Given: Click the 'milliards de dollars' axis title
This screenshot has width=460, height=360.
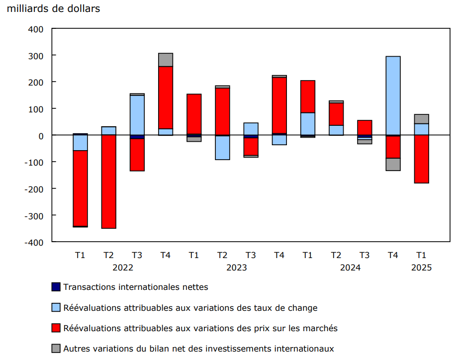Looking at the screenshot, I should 54,9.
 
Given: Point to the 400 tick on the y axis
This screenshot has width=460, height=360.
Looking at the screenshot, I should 36,29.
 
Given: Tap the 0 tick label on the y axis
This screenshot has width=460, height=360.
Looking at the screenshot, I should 41,135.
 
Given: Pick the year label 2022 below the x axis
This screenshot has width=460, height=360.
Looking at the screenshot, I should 123,268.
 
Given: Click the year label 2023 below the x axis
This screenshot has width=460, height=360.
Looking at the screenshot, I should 237,268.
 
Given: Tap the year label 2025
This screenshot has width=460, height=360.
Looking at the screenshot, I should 421,268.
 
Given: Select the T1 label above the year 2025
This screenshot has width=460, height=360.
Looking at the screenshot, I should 421,256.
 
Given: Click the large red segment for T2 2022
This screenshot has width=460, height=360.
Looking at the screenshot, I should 108,181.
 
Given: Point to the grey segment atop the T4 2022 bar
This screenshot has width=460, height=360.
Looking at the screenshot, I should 166,60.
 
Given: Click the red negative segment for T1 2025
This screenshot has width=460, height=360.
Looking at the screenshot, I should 421,159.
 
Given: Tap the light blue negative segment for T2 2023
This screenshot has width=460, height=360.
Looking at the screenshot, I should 222,148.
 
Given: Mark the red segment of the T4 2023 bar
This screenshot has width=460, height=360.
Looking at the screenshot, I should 279,105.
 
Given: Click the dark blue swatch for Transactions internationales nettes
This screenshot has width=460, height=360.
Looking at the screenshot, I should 56,287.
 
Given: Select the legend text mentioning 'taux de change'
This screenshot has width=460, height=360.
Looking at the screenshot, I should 190,308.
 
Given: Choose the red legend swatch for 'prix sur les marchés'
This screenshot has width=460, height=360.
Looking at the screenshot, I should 56,328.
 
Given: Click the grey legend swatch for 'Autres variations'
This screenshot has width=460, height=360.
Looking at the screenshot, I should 56,349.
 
